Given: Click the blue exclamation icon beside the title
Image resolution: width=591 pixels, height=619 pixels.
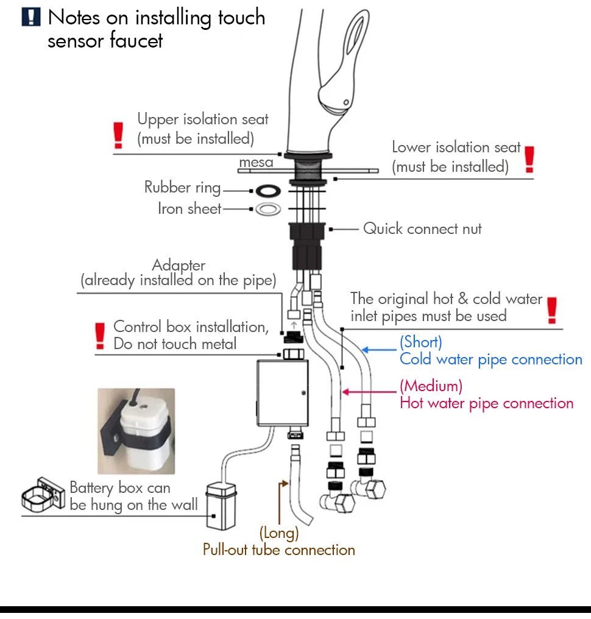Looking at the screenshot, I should point(31,16).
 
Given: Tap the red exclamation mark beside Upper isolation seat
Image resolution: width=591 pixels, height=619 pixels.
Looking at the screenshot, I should point(119,135).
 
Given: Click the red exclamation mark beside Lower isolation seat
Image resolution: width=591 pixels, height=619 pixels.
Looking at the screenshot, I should point(529,159).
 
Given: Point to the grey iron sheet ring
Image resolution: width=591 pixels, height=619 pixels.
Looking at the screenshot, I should point(267,210).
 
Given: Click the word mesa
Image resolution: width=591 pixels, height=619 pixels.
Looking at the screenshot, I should point(256,163).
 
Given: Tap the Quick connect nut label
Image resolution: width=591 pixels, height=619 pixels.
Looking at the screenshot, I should point(422,229).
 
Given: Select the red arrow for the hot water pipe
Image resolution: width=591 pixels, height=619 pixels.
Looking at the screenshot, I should point(368,392).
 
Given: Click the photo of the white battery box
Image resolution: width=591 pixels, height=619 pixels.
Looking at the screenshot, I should point(136,431).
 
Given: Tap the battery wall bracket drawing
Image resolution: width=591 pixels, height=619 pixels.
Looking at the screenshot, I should point(43,494).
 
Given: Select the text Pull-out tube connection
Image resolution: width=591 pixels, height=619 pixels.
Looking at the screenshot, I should point(278,550).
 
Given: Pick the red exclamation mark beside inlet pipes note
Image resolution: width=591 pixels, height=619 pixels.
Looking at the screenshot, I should point(552,309).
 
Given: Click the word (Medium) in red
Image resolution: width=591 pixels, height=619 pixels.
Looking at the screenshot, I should point(431,386).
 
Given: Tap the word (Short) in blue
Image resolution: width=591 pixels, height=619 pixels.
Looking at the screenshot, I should point(420,342).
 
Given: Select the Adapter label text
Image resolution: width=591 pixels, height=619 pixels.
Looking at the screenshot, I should point(179,266).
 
